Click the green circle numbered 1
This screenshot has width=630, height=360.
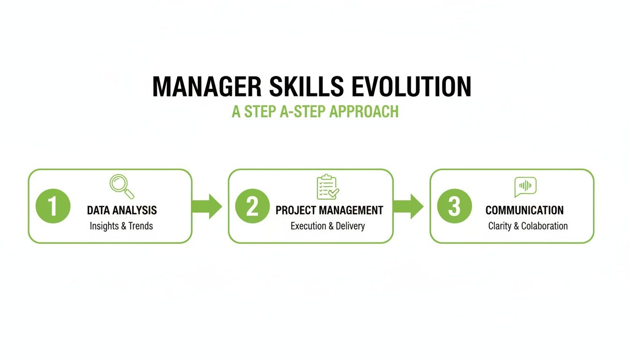pyautogui.click(x=53, y=206)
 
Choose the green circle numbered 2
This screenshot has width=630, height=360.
pyautogui.click(x=252, y=206)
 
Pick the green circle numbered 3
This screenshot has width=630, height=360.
pyautogui.click(x=454, y=206)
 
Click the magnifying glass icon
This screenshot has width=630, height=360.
pyautogui.click(x=122, y=186)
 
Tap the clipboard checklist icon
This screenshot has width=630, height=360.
pyautogui.click(x=327, y=187)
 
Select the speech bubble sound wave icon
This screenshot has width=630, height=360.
pyautogui.click(x=525, y=186)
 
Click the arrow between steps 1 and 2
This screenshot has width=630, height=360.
pyautogui.click(x=208, y=206)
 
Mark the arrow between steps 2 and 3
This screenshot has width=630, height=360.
pyautogui.click(x=409, y=206)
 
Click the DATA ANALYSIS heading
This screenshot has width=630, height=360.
pyautogui.click(x=122, y=210)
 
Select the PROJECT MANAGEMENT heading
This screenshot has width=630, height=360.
pyautogui.click(x=329, y=210)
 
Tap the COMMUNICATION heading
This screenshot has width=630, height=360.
pyautogui.click(x=525, y=210)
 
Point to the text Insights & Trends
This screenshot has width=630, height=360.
pyautogui.click(x=121, y=226)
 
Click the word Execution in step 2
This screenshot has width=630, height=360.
pyautogui.click(x=307, y=226)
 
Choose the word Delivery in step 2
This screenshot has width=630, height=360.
pyautogui.click(x=350, y=226)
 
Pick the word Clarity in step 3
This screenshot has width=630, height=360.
pyautogui.click(x=500, y=226)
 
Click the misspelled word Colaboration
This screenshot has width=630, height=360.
pyautogui.click(x=545, y=226)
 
